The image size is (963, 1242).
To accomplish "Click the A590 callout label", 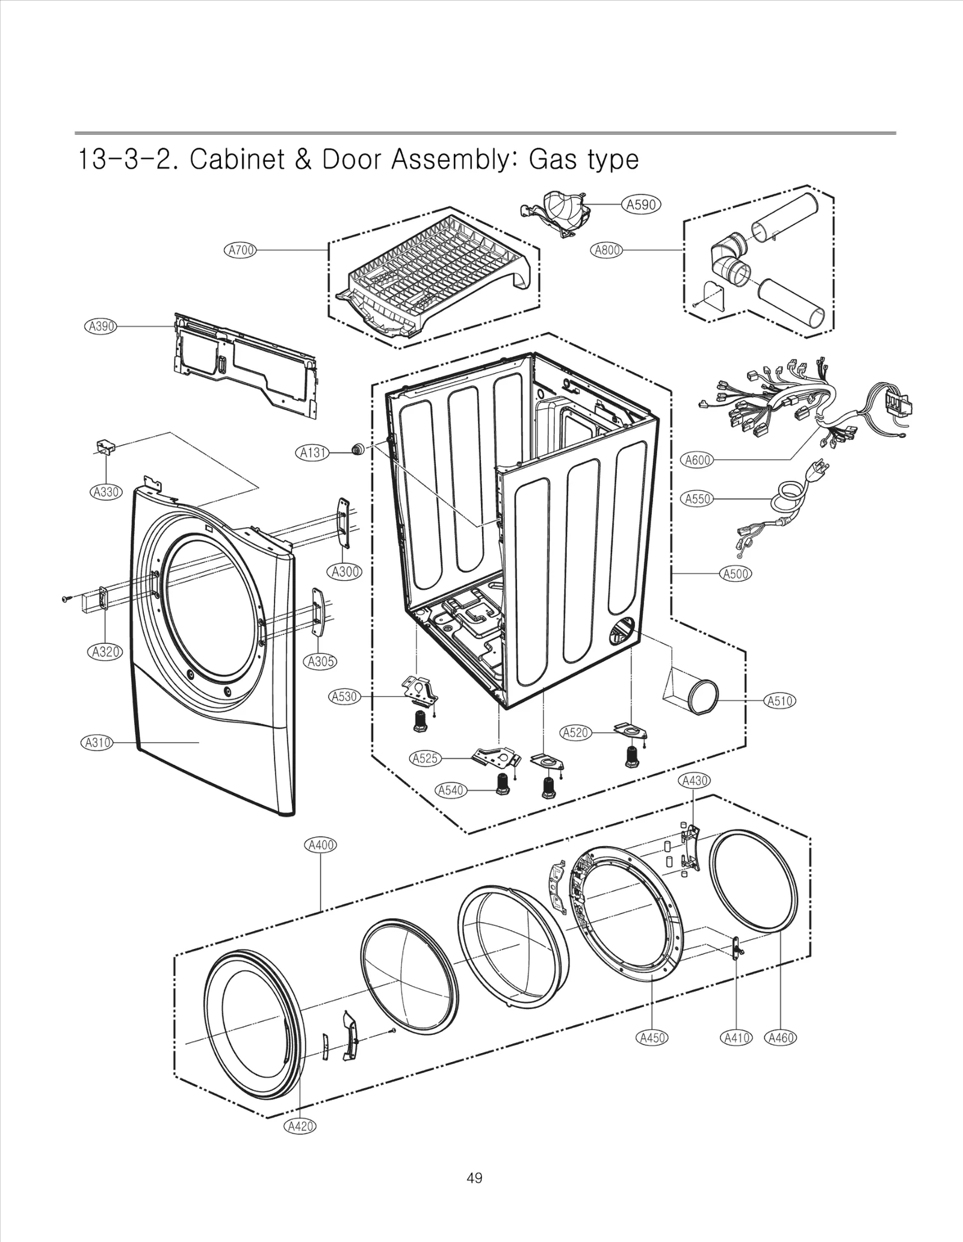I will pyautogui.click(x=641, y=205).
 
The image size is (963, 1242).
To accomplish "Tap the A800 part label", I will pyautogui.click(x=607, y=250).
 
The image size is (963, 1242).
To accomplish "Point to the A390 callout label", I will pyautogui.click(x=100, y=326).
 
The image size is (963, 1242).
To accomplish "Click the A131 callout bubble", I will pyautogui.click(x=314, y=452).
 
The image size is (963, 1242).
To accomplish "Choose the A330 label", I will pyautogui.click(x=107, y=492).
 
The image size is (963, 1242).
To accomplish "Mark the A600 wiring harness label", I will pyautogui.click(x=698, y=460).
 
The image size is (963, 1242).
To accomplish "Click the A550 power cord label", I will pyautogui.click(x=698, y=498).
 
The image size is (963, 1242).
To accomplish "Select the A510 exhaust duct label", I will pyautogui.click(x=779, y=700).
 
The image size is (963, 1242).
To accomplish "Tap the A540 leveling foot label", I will pyautogui.click(x=451, y=789).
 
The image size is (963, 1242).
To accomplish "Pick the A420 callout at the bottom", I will pyautogui.click(x=300, y=1126).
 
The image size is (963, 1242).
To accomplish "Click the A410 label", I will pyautogui.click(x=736, y=1037).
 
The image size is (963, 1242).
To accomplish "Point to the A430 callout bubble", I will pyautogui.click(x=695, y=780).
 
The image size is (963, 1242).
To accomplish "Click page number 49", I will pyautogui.click(x=474, y=1178).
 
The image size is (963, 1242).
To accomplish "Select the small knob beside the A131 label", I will pyautogui.click(x=358, y=448).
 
